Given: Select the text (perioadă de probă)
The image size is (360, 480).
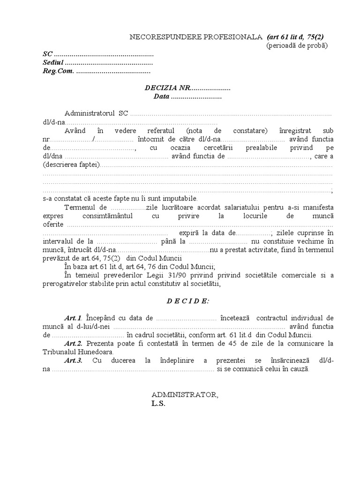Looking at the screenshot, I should point(297,45).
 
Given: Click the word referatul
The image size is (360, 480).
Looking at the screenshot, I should point(159,130).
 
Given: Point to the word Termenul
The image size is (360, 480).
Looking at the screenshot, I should point(79,207).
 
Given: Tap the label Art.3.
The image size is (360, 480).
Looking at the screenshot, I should point(74,360).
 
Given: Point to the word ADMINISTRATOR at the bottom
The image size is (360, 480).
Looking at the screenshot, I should point(184,395).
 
